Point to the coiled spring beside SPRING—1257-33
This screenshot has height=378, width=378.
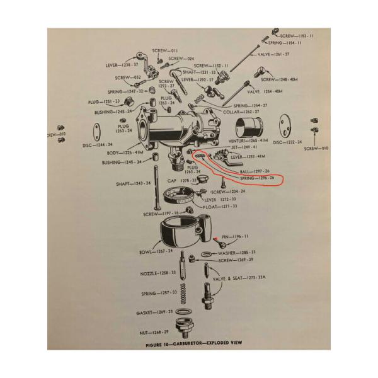point(183,292)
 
